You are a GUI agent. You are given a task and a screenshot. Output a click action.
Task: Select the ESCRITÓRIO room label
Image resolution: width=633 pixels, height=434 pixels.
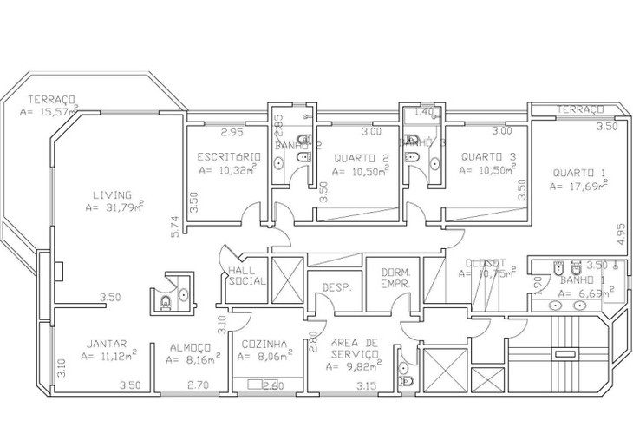click(229, 157)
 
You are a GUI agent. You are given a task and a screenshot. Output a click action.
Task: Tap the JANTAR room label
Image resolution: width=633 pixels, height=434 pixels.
click(107, 343)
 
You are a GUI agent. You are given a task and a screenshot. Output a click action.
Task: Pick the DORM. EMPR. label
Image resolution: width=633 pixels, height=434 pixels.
click(395, 278)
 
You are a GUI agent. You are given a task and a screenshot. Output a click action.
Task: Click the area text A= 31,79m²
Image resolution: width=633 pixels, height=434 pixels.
click(114, 207)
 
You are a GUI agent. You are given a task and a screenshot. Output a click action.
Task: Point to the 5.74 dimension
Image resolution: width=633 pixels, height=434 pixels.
click(175, 227)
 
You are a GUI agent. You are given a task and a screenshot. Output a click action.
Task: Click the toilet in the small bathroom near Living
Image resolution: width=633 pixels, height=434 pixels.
click(166, 303)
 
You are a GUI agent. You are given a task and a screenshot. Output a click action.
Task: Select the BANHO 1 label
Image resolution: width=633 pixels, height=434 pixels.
click(575, 280)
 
